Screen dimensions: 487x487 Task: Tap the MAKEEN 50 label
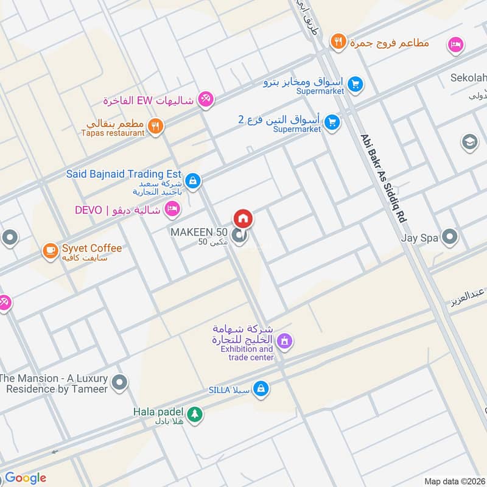199,232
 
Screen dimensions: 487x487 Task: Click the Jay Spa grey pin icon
449,237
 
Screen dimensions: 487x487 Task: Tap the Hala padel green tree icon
194,414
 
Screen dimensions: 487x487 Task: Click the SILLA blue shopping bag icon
261,388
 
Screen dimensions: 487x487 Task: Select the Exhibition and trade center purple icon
284,342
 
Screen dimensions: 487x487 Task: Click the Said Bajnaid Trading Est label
124,174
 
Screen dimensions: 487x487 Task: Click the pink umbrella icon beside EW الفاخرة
206,99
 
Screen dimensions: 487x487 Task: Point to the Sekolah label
468,78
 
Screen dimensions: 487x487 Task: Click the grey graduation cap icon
469,142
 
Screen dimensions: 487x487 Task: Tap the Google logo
26,478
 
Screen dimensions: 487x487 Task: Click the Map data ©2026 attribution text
454,481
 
